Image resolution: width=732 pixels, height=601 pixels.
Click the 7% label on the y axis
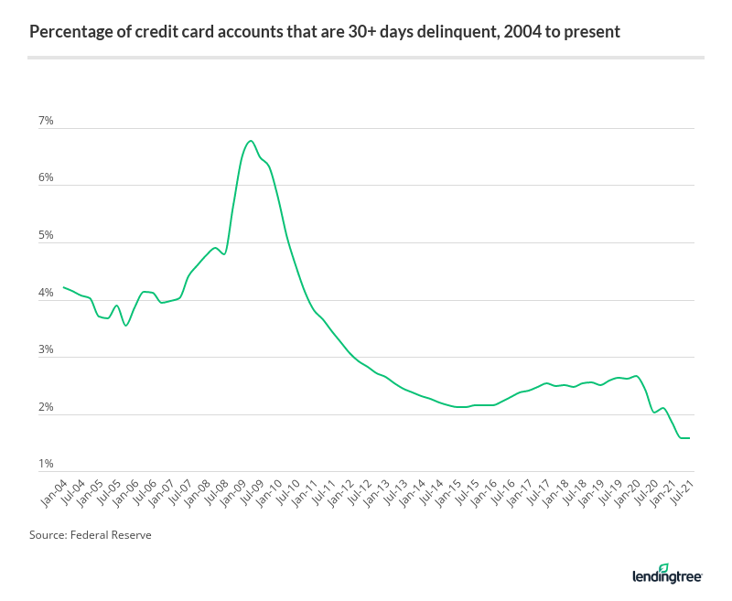coord(46,121)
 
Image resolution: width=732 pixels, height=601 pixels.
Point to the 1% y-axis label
coord(46,465)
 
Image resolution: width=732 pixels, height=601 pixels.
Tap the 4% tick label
coord(46,293)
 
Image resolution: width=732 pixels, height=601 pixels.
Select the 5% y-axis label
coord(46,235)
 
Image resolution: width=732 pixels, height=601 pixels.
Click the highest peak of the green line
coord(250,141)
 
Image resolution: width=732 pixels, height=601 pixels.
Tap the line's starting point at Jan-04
coord(63,287)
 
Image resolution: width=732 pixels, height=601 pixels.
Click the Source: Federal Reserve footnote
coord(90,535)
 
